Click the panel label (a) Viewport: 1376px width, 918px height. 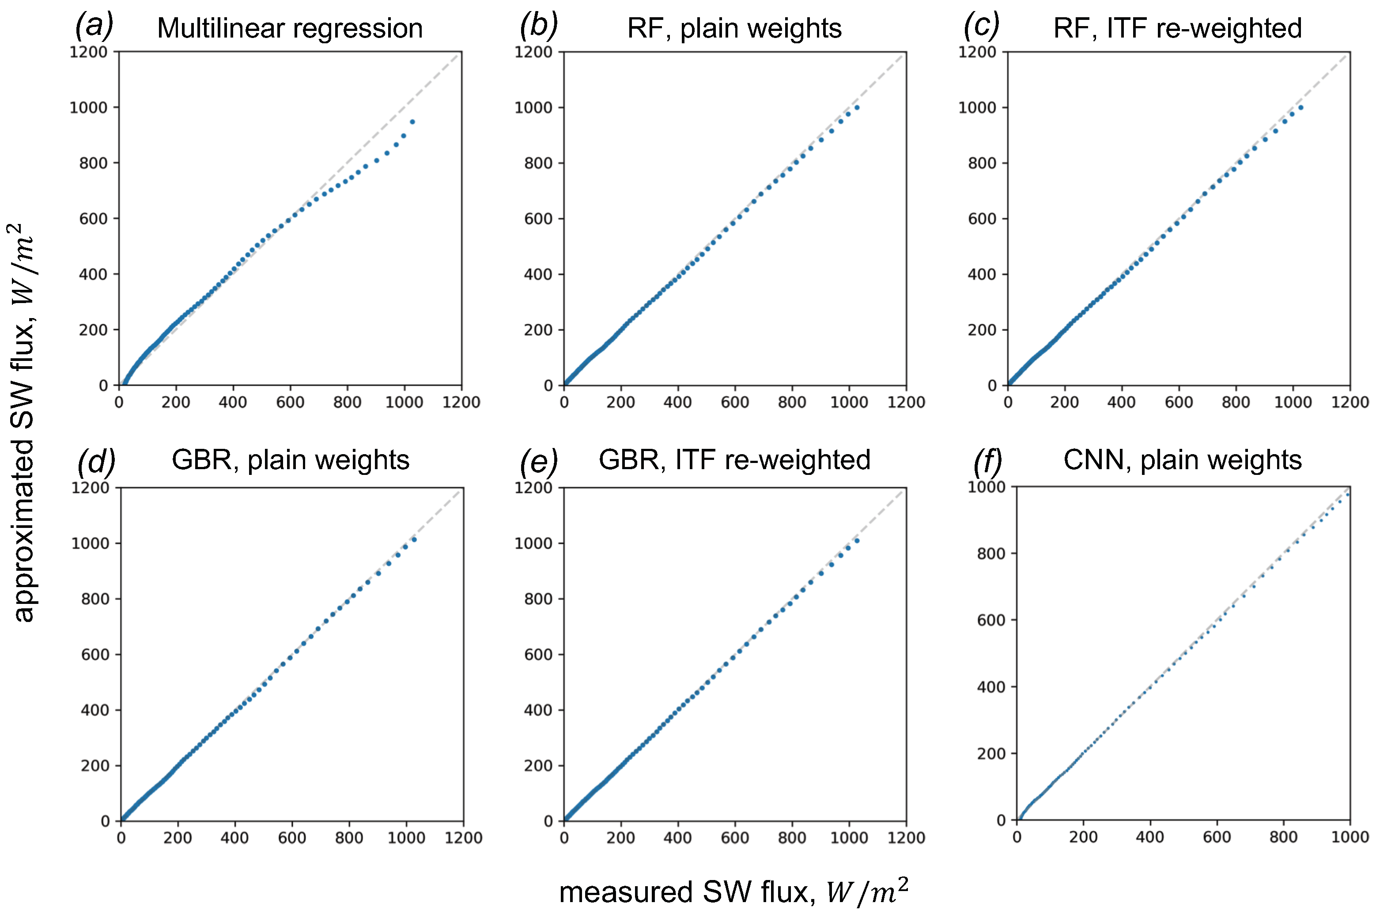click(x=94, y=27)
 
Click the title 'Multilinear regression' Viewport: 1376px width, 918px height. click(x=290, y=29)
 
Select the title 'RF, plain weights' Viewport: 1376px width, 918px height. click(x=734, y=29)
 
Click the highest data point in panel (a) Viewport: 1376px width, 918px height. click(x=412, y=122)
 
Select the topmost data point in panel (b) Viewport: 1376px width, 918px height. click(x=857, y=107)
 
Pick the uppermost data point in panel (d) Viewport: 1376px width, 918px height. click(x=414, y=539)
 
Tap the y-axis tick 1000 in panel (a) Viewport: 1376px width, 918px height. click(x=88, y=108)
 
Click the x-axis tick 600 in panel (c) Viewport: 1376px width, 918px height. click(x=1178, y=402)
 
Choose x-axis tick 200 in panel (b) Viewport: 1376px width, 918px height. click(x=620, y=402)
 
